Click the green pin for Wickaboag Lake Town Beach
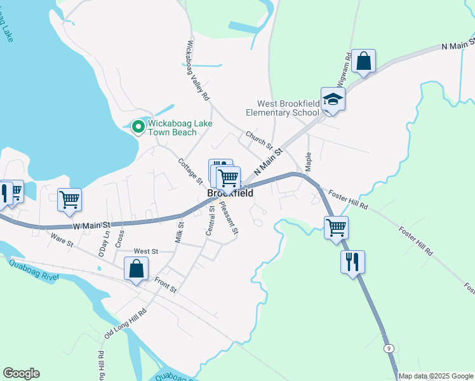138,128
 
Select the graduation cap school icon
333,98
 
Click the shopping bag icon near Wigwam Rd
364,62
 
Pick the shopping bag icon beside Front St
136,269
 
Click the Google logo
21,373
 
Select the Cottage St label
190,171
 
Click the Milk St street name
179,232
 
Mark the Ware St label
62,241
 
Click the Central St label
210,220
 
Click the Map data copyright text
436,376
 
